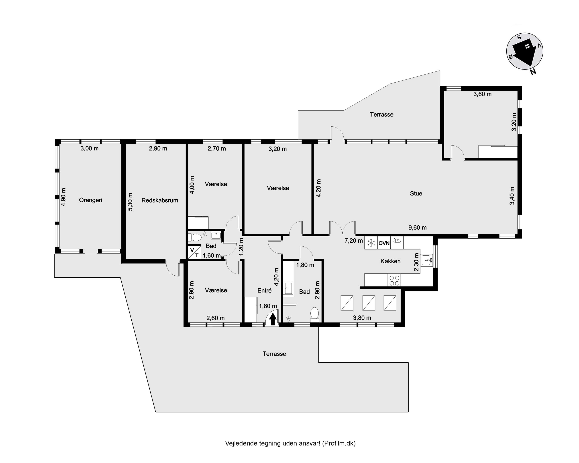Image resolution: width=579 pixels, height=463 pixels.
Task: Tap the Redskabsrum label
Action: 160,200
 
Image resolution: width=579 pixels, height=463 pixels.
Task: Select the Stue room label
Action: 416,193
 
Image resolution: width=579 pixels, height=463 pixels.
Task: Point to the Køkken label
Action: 390,261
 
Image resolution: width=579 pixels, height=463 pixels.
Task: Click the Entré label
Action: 265,290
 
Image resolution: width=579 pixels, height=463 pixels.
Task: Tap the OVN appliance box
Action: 384,243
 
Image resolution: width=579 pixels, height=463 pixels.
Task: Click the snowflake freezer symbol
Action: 371,243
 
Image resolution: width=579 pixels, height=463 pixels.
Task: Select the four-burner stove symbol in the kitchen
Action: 394,280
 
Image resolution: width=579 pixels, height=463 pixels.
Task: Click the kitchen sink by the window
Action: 426,260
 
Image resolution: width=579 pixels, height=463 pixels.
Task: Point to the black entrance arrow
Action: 273,319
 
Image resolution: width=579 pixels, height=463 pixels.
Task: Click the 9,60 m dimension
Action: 418,228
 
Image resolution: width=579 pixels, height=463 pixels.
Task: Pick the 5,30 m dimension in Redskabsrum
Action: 130,202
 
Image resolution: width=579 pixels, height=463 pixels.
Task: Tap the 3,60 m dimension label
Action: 482,94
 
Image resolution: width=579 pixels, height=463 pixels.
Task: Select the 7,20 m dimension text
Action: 354,240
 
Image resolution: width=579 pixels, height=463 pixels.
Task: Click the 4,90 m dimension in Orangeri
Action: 63,197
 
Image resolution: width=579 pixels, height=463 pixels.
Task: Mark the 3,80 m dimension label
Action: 362,318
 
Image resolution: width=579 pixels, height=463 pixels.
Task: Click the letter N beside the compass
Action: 533,72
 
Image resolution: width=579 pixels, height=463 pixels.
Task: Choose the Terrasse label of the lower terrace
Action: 274,354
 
